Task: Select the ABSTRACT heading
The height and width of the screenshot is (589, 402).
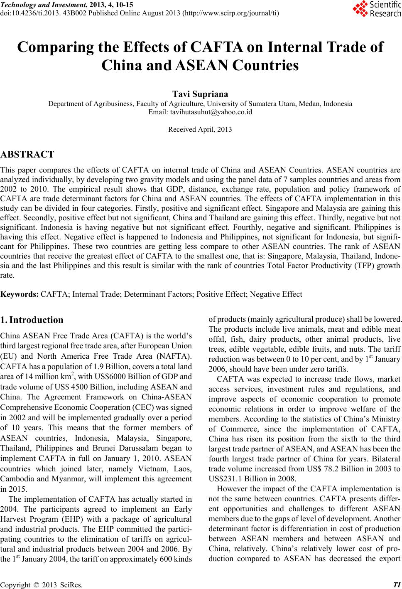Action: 27,155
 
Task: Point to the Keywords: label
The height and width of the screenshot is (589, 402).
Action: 20,294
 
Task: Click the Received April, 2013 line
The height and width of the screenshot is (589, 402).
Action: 200,130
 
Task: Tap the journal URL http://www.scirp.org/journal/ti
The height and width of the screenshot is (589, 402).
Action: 230,13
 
